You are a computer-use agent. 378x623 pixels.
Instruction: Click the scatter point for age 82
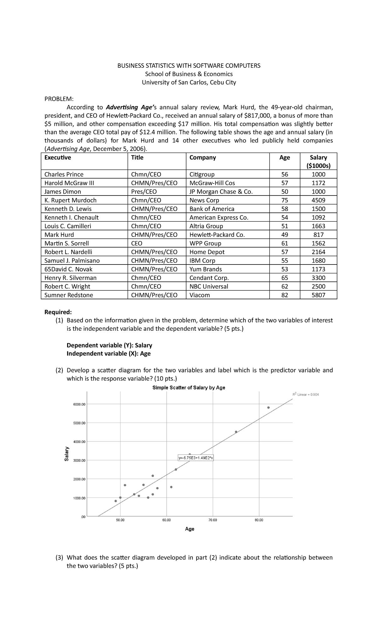(268, 407)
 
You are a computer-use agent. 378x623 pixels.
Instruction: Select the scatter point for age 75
(236, 432)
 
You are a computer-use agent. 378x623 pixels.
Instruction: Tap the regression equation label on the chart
(196, 458)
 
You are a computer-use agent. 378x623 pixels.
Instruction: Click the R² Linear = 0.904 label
(305, 394)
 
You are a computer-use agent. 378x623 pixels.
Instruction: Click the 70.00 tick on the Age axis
(213, 520)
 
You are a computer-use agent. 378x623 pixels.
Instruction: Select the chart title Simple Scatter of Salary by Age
(189, 387)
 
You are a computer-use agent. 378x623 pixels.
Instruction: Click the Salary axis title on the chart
(66, 454)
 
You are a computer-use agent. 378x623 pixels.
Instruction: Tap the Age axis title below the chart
(190, 529)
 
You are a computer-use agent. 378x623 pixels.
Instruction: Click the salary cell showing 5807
(318, 295)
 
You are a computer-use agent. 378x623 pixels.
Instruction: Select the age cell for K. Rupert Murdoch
(284, 200)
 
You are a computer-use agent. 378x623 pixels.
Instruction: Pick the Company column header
(203, 157)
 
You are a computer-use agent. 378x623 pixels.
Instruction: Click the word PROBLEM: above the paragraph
(59, 99)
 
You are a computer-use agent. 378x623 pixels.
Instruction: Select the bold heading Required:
(58, 312)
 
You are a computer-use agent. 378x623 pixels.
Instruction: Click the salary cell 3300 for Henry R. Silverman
(318, 278)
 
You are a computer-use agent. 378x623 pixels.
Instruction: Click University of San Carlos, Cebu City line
(189, 82)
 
